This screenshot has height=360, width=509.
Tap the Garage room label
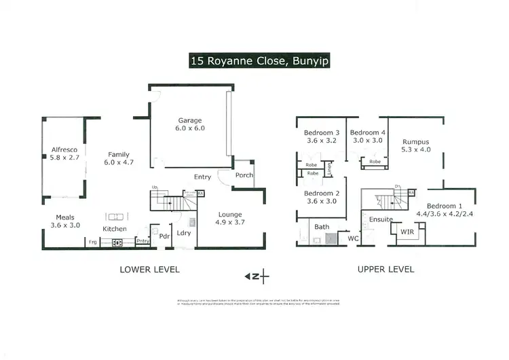click(x=191, y=122)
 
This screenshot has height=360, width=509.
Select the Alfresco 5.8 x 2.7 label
click(x=64, y=153)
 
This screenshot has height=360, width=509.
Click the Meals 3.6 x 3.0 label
click(x=68, y=221)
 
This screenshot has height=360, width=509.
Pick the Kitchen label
click(x=115, y=230)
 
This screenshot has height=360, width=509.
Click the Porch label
click(x=244, y=175)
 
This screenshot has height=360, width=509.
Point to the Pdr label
click(x=164, y=236)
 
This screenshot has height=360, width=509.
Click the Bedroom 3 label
click(x=322, y=137)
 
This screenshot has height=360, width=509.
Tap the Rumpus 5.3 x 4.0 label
click(x=416, y=146)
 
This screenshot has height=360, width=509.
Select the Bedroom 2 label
click(x=322, y=198)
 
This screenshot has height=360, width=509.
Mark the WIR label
click(x=407, y=233)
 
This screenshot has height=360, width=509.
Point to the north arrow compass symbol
click(x=257, y=276)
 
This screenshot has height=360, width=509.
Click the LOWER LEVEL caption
click(x=149, y=270)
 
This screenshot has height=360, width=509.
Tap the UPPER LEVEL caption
click(x=385, y=270)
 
